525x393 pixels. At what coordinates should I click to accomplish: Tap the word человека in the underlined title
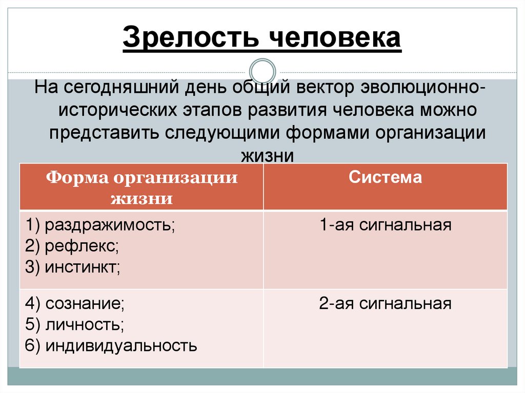point(335,38)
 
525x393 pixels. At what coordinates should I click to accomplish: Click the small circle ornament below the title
point(262,71)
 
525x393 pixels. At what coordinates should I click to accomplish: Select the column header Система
point(385,178)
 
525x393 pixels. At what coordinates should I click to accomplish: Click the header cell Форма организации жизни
point(142,188)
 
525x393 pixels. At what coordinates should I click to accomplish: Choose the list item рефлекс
point(81,246)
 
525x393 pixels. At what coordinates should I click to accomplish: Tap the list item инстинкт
point(82,267)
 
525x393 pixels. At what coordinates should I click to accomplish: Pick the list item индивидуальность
point(121,346)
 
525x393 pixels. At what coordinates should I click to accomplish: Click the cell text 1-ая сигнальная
point(385,225)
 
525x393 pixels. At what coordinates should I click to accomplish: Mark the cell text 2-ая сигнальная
point(385,304)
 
